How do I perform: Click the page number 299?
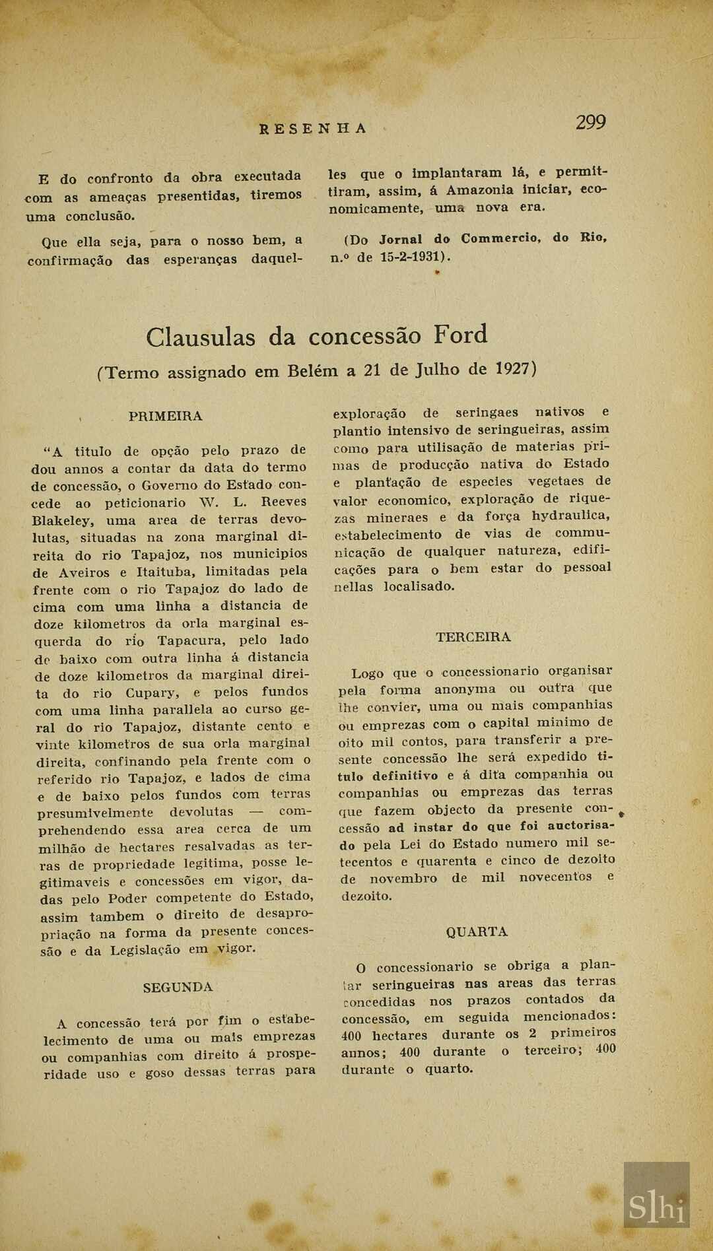tap(590, 123)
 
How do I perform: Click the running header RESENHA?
tap(312, 129)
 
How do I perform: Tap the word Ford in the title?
tap(460, 335)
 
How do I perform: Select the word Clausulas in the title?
tap(200, 337)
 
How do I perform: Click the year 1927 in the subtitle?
tap(513, 368)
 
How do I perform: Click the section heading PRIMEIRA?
tap(166, 417)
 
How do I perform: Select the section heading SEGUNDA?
tap(178, 988)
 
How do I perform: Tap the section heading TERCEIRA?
tap(473, 637)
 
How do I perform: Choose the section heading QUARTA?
tap(477, 932)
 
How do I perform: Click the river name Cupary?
tap(153, 693)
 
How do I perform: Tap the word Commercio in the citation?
tap(501, 238)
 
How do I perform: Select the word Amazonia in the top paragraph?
tap(479, 190)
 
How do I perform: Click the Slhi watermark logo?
tap(656, 1205)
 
